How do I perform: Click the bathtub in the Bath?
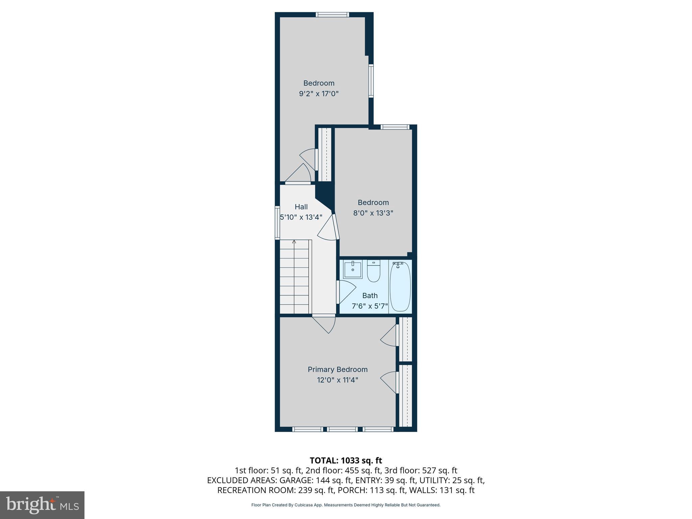[400, 287]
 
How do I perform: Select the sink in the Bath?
[352, 270]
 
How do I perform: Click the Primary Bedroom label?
[337, 369]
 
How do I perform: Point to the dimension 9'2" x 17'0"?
[319, 94]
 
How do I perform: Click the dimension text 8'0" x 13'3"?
[373, 213]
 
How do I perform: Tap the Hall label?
[301, 207]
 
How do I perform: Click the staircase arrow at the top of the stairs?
[294, 242]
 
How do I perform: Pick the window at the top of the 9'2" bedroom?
[332, 15]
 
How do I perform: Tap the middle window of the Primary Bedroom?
[342, 429]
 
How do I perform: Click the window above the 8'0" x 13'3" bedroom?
[395, 127]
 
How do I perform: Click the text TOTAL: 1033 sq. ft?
[346, 460]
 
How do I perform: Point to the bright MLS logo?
[42, 505]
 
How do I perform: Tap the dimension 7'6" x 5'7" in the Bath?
[370, 306]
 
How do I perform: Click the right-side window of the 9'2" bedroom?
[371, 81]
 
